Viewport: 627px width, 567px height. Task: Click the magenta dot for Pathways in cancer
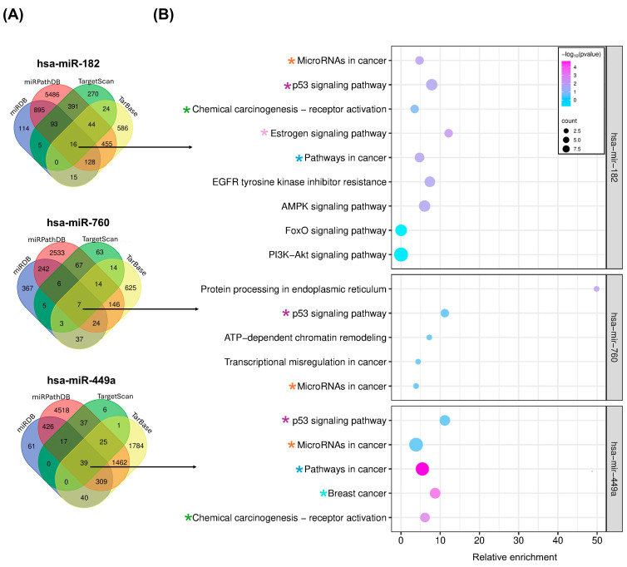tap(422, 469)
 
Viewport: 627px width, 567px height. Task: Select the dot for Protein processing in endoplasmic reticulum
tap(596, 288)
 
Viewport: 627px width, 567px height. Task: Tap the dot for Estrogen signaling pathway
tap(449, 133)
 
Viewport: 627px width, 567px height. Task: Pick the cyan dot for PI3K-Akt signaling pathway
tap(401, 254)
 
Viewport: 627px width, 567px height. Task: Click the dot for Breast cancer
tap(435, 494)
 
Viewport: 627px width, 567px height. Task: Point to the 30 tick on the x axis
tap(519, 540)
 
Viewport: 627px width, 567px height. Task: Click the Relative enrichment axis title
tap(515, 557)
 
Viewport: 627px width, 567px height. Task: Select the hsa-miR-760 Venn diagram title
tap(78, 222)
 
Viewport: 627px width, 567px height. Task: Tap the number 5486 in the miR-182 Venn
tap(52, 95)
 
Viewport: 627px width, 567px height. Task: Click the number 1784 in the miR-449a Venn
tap(136, 446)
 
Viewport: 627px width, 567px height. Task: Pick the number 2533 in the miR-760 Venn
tap(57, 253)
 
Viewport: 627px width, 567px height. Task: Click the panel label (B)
tap(163, 15)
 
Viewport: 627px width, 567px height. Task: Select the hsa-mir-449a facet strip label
tap(615, 469)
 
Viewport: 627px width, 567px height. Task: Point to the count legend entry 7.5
tap(572, 149)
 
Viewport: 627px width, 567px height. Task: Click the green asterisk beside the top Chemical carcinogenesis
tap(186, 110)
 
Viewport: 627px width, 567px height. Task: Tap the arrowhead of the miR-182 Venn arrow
tap(190, 147)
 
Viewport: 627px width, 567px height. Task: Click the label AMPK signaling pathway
tap(334, 206)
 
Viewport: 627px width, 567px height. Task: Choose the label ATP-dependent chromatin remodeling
tap(305, 338)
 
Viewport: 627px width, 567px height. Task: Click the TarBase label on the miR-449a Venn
tap(142, 423)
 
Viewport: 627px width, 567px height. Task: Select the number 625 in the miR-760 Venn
tap(131, 288)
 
